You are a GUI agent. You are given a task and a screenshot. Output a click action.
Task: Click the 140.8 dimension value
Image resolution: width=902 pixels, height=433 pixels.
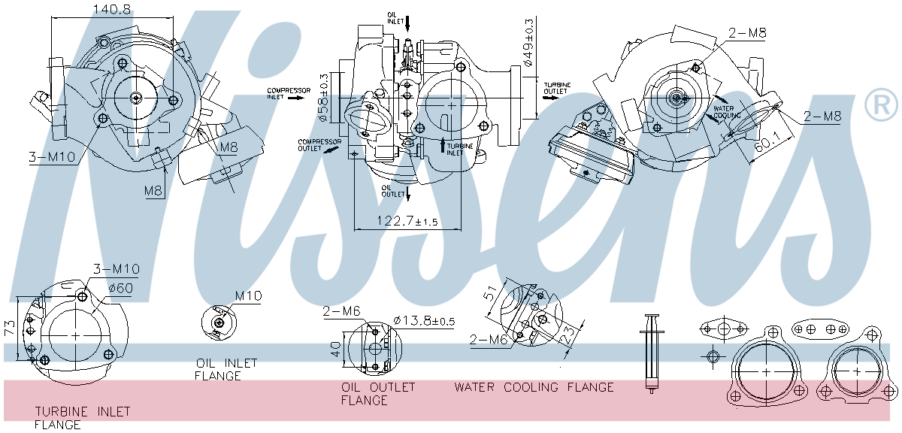[x=113, y=10]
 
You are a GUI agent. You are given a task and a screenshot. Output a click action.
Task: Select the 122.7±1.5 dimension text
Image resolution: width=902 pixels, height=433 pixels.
[x=407, y=222]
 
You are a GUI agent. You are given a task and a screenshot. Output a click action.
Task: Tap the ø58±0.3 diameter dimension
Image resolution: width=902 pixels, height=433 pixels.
[x=323, y=97]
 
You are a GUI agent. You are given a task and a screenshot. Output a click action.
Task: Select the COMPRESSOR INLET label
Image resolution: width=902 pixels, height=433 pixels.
[x=288, y=93]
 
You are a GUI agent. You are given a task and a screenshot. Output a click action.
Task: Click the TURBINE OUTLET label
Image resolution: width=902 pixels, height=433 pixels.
[x=556, y=88]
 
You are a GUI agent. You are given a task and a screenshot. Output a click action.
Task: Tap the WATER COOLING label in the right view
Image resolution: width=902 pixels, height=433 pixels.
[x=727, y=112]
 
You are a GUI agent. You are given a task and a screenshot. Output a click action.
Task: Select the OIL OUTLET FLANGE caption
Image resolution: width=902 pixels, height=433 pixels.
[x=377, y=394]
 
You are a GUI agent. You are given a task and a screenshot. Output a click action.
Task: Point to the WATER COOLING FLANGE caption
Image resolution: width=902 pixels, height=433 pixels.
[x=534, y=387]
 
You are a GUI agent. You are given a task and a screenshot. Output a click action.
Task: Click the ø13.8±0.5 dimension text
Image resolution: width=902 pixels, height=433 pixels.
[x=424, y=321]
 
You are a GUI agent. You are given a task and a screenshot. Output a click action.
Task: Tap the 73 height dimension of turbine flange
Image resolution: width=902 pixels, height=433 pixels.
[x=8, y=328]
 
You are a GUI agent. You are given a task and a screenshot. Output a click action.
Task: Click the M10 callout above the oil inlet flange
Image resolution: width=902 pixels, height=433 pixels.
[x=248, y=296]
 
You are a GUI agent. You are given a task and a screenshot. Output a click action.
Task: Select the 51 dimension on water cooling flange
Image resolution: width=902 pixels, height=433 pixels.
[x=490, y=294]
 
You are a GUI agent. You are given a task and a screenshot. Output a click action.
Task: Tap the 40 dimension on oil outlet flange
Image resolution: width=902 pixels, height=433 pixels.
[x=335, y=350]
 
